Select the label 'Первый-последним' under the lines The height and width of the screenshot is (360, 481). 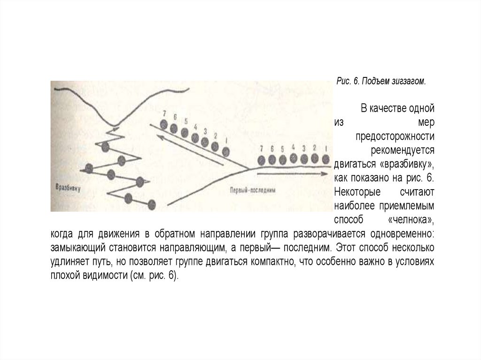pyautogui.click(x=252, y=190)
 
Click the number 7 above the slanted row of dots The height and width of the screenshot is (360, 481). pyautogui.click(x=164, y=113)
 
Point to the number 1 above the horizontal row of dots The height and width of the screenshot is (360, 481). pyautogui.click(x=326, y=147)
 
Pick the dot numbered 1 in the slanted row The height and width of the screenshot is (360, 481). pyautogui.click(x=226, y=151)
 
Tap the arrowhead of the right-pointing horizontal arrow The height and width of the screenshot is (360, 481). pyautogui.click(x=324, y=173)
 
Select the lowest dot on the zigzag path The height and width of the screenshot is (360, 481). pyautogui.click(x=151, y=204)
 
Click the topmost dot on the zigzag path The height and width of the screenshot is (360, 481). pyautogui.click(x=106, y=146)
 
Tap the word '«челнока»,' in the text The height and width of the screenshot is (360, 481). pyautogui.click(x=412, y=220)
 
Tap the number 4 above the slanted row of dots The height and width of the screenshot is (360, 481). pyautogui.click(x=196, y=127)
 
